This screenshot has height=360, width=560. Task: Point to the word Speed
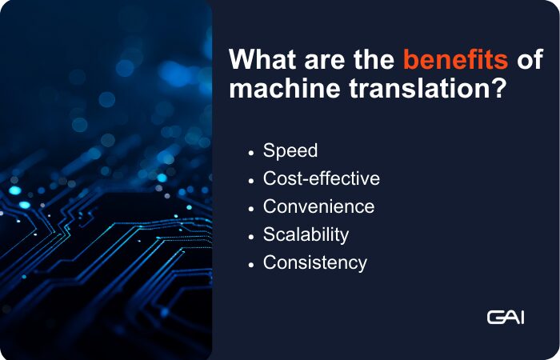coord(290,151)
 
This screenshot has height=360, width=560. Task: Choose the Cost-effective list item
coord(322,178)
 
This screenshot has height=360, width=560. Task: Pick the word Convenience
coord(318,206)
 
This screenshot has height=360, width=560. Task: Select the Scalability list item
coord(306,234)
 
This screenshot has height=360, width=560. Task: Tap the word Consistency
coord(315,262)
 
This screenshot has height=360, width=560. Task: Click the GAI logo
coord(506,318)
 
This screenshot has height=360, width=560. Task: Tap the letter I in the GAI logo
coord(522,318)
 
